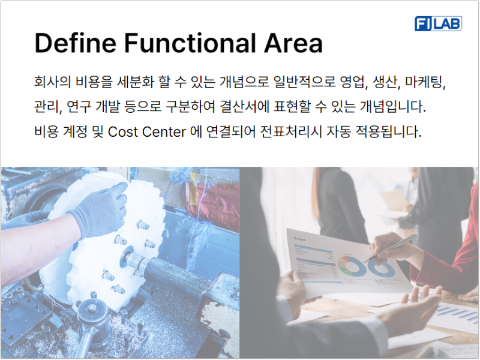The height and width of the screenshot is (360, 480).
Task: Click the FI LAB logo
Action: tap(437, 23)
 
